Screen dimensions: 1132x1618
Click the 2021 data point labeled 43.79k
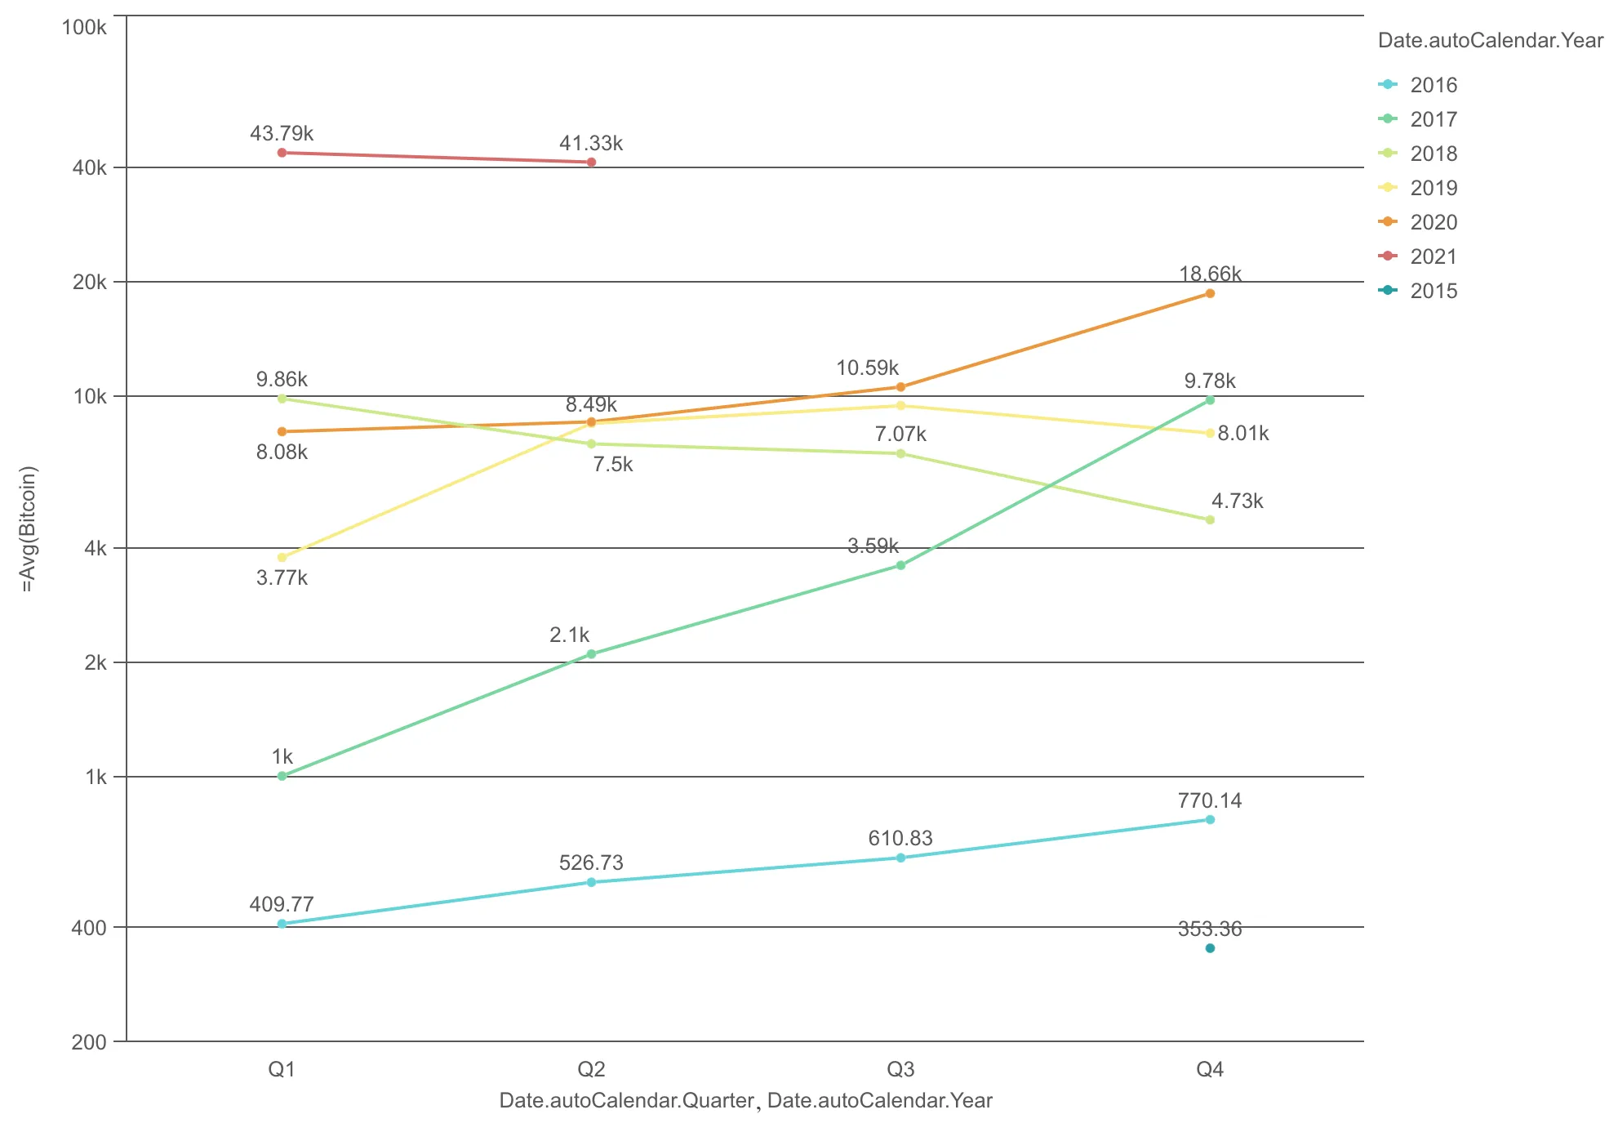click(x=282, y=153)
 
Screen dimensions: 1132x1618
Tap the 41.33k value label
click(x=590, y=144)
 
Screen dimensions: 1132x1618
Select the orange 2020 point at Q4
click(x=1210, y=293)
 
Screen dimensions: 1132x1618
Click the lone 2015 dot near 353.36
click(x=1210, y=948)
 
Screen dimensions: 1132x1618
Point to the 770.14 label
click(x=1209, y=800)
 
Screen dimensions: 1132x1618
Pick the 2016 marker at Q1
click(x=282, y=924)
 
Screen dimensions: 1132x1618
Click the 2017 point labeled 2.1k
click(x=591, y=654)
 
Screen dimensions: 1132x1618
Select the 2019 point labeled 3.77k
click(x=282, y=558)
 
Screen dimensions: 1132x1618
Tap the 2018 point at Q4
click(x=1210, y=519)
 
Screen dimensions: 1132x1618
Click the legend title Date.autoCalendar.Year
click(x=1490, y=41)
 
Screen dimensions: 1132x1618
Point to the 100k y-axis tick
click(x=84, y=28)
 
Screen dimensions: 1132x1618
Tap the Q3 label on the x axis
click(x=900, y=1069)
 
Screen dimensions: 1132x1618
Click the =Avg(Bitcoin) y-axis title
click(x=29, y=528)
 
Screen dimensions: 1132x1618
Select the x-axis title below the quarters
click(x=745, y=1100)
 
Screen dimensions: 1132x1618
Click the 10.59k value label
click(x=867, y=368)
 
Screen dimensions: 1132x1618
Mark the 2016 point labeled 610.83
click(x=900, y=858)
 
